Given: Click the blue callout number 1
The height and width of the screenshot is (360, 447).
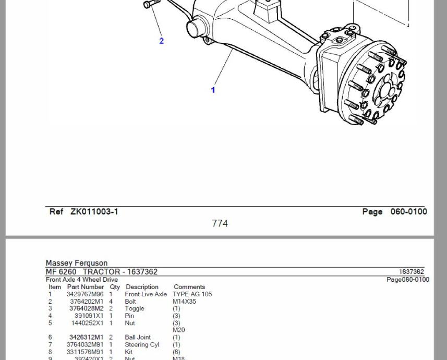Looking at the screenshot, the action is click(x=213, y=90).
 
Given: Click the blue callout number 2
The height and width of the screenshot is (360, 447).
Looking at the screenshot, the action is click(x=161, y=41).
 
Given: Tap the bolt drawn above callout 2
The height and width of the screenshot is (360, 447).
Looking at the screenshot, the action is click(x=152, y=4).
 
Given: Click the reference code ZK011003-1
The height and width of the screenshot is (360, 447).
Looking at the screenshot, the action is click(x=94, y=212).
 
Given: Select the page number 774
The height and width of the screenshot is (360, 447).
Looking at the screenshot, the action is click(x=220, y=223).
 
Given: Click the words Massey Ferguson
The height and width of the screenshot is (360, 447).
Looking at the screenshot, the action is click(x=77, y=263).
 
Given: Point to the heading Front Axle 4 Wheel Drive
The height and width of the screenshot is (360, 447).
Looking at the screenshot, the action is click(x=82, y=280).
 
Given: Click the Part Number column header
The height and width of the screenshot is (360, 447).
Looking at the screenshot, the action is click(x=86, y=287).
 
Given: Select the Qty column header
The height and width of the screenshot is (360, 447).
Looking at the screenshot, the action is click(x=115, y=287).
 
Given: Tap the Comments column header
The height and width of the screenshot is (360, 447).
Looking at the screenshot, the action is click(x=189, y=287).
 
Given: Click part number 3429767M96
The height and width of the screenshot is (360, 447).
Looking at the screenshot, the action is click(x=85, y=294).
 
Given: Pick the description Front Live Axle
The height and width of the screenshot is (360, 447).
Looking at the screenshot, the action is click(x=146, y=294).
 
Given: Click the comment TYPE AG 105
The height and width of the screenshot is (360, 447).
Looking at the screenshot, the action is click(x=192, y=294).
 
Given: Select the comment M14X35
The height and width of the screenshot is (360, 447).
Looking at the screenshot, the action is click(x=184, y=302).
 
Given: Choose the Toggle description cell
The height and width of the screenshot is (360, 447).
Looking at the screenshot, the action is click(x=135, y=309).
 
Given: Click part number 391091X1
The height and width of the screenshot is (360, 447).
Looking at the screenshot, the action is click(x=89, y=316).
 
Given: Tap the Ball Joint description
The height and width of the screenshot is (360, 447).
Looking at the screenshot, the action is click(x=138, y=337).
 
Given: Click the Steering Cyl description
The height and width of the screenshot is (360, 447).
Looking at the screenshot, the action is click(x=142, y=344).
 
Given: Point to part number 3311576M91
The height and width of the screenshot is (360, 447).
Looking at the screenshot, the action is click(x=85, y=352).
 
